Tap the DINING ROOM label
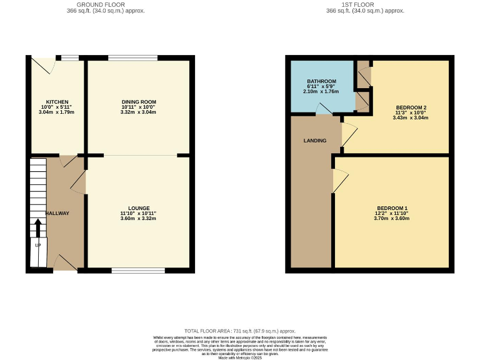[138, 102]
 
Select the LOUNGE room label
[138, 208]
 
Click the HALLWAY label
[57, 213]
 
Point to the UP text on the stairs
[38, 245]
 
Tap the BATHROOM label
[321, 81]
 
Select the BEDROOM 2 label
[411, 107]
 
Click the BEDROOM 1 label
[392, 208]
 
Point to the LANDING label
[315, 141]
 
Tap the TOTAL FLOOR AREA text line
[240, 331]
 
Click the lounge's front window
[138, 271]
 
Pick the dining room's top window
[132, 58]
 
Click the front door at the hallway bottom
[65, 263]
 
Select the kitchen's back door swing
[44, 64]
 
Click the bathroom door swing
[324, 109]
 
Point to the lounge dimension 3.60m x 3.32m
[138, 218]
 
